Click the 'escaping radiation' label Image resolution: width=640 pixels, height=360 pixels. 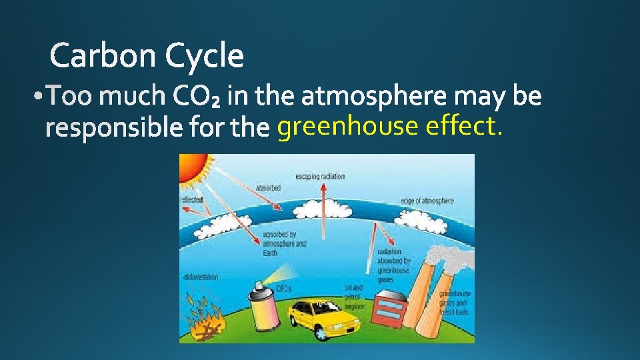point(320,176)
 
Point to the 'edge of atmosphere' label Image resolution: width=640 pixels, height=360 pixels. point(427,201)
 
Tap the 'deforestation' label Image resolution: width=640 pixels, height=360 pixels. point(200,276)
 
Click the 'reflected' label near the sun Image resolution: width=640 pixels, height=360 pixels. point(192,199)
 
